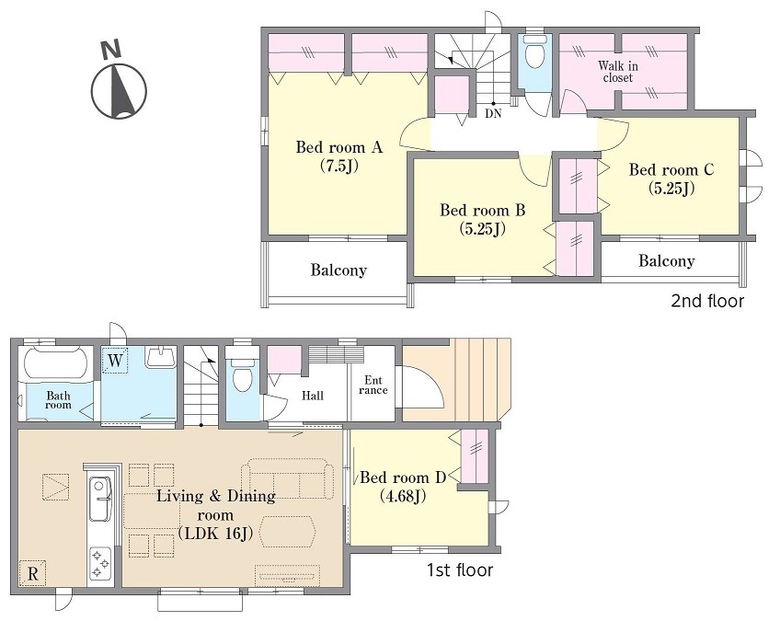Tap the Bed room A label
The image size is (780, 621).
[338, 147]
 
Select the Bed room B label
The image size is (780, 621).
[482, 210]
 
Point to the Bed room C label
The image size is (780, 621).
[671, 169]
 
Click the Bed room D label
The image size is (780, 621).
[403, 477]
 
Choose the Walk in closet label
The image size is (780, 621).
[618, 72]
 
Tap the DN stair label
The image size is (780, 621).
[493, 113]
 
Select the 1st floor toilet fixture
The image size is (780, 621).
[243, 371]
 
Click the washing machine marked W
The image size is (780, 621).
[115, 361]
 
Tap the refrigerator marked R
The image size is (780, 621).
[33, 574]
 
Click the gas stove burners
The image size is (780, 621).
[100, 563]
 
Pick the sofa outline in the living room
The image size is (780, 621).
[288, 478]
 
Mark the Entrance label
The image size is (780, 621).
[373, 385]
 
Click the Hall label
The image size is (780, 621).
[313, 397]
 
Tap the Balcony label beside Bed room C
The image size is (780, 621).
[667, 260]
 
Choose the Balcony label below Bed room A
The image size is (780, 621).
[338, 270]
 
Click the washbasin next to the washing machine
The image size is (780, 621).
[160, 357]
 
